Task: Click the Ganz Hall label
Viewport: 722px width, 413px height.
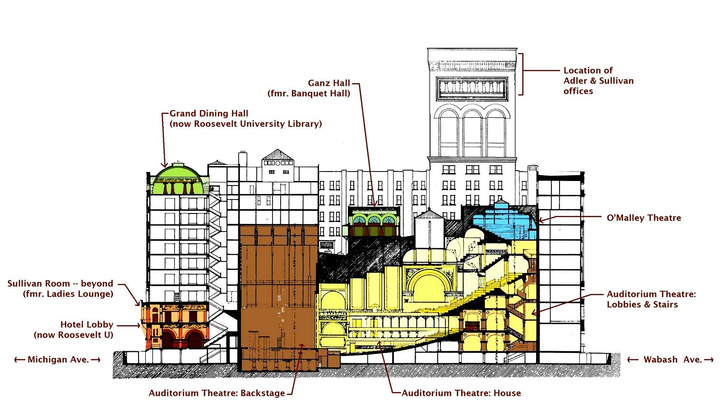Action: point(329,83)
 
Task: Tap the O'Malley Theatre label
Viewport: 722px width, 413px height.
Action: point(643,218)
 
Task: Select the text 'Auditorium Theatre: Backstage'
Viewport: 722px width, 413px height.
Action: point(217,393)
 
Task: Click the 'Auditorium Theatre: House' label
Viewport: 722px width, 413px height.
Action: point(461,393)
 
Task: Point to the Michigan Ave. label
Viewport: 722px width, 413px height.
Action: point(57,360)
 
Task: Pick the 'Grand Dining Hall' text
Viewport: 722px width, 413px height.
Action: point(209,114)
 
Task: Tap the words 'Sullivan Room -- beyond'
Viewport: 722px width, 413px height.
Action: point(60,283)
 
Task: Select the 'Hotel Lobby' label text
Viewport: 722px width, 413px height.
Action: point(87,325)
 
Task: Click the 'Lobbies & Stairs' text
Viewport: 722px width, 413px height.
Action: point(642,304)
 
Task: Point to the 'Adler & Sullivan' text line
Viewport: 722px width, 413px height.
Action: point(598,81)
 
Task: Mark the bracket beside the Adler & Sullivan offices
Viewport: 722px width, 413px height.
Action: point(522,74)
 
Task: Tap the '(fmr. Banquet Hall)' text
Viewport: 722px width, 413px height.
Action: point(309,94)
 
